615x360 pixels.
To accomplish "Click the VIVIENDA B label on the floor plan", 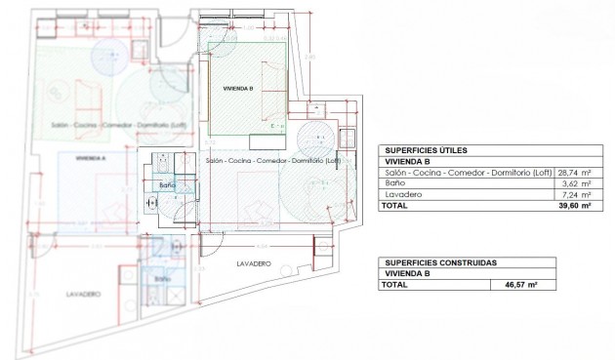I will tap(238, 89).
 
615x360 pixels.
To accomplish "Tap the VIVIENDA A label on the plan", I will tap(90, 157).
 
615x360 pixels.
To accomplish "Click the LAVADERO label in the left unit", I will tap(84, 293).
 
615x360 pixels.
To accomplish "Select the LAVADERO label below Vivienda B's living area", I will tap(253, 264).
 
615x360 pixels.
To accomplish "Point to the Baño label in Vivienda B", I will tap(166, 183).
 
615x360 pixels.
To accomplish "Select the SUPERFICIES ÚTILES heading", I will tap(425, 149).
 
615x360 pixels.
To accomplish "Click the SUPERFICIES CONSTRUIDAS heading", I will tap(440, 262).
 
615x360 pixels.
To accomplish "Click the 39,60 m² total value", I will tap(573, 207).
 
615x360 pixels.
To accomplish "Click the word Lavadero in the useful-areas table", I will tap(402, 195).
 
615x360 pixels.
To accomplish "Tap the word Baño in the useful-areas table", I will tap(394, 183).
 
